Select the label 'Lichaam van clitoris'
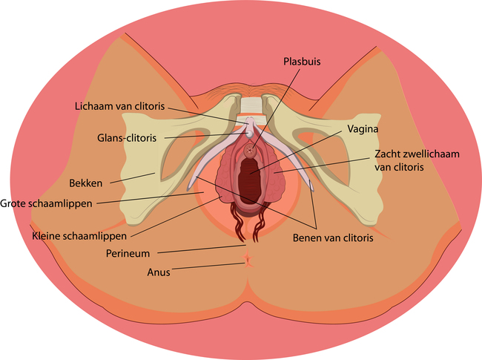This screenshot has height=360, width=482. (119, 105)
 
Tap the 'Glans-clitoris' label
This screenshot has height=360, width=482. (131, 137)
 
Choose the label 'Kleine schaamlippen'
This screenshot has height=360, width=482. (79, 236)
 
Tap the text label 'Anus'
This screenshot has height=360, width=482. (159, 272)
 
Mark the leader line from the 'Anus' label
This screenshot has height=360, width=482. (208, 265)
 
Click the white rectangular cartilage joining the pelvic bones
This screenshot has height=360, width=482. (251, 106)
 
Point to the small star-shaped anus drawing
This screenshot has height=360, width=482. (247, 260)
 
